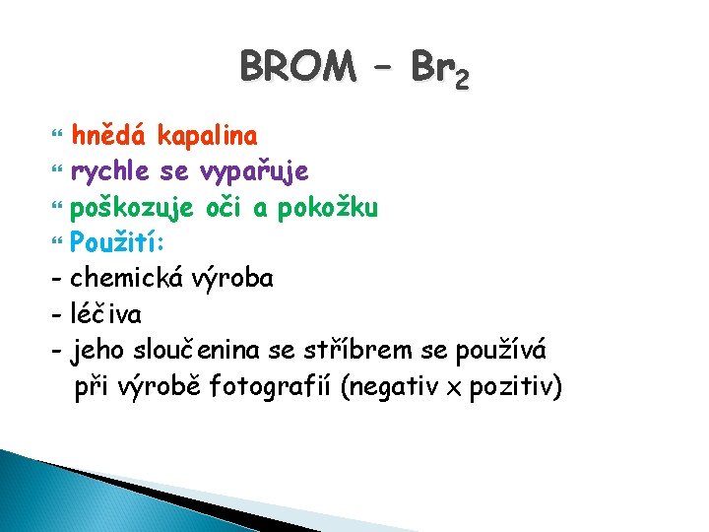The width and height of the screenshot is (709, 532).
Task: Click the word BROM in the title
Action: coord(297,67)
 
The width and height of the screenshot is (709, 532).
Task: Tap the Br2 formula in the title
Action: coord(440,69)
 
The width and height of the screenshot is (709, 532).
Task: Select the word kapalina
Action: coord(208,135)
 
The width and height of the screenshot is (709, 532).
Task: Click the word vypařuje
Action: coord(254,172)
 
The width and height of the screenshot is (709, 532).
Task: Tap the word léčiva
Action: coord(105,314)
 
